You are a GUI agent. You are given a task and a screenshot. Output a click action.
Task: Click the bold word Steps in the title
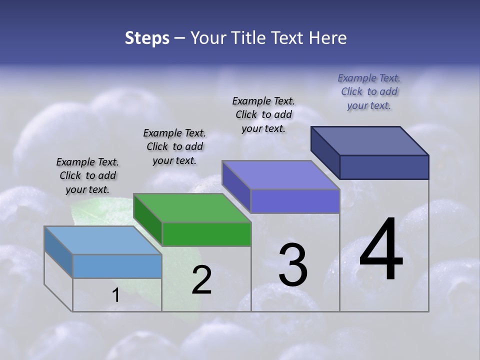click(147, 38)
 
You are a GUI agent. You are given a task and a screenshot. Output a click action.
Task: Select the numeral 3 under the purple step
click(293, 264)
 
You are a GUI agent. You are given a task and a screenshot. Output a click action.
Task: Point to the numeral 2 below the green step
click(201, 280)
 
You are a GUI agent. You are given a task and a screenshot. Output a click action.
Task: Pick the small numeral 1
click(115, 295)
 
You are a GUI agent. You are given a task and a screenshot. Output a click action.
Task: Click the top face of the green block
click(192, 208)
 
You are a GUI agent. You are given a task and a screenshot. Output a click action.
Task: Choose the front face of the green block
click(206, 234)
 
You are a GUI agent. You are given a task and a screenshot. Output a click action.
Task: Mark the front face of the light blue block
click(117, 266)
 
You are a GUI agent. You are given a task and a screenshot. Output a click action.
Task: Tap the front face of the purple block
click(295, 201)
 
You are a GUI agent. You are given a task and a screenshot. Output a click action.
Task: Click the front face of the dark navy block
click(384, 167)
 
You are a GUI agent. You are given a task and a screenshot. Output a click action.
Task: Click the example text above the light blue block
click(87, 176)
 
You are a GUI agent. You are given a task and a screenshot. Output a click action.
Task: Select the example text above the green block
click(174, 146)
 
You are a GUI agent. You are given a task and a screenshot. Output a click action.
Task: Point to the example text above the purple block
click(263, 114)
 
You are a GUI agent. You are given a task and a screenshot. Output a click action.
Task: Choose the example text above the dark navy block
click(369, 91)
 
